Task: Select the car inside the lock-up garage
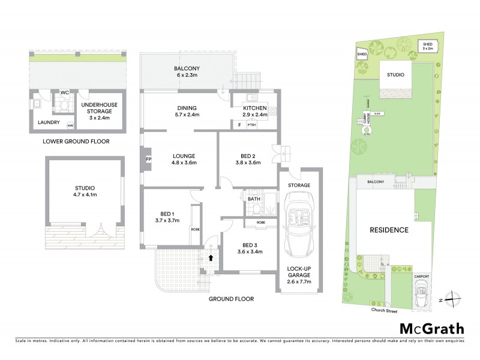[x=298, y=229]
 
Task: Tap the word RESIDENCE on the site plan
[x=389, y=230]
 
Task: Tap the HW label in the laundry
[x=70, y=125]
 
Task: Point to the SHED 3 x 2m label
[x=428, y=46]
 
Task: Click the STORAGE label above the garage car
[x=298, y=185]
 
